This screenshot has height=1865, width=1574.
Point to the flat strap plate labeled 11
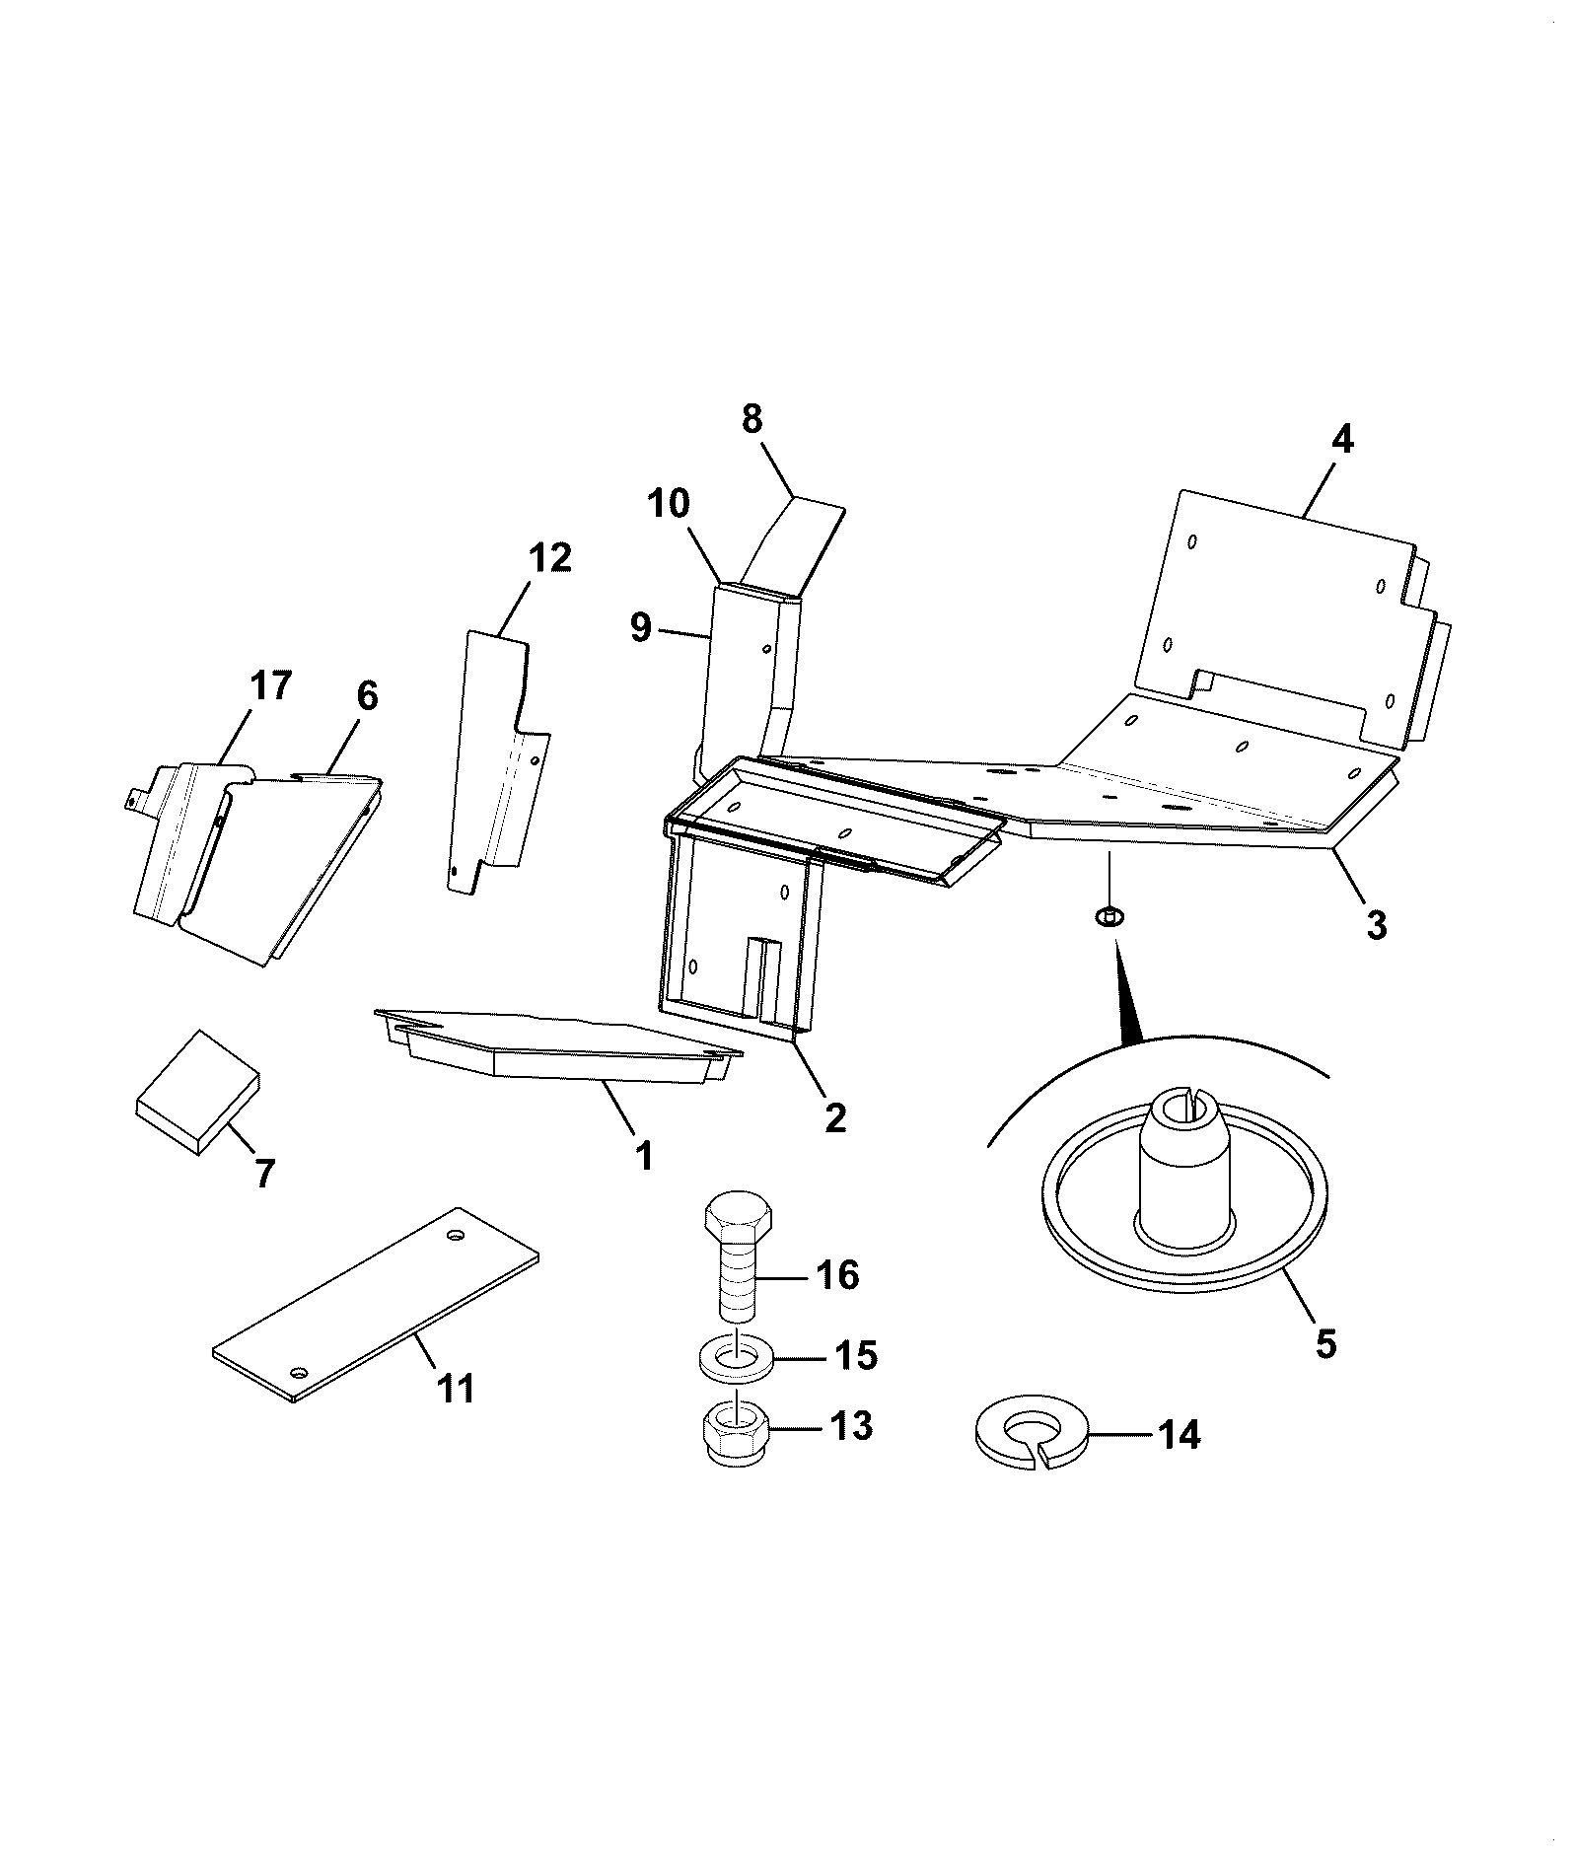[376, 1303]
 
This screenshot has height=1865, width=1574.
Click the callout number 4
[1342, 438]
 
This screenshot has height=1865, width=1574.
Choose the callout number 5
[1325, 1342]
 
